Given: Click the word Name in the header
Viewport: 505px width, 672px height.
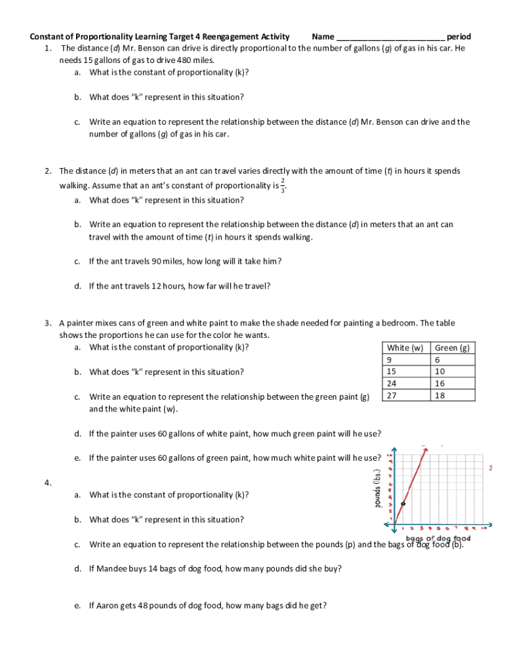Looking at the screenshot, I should [323, 37].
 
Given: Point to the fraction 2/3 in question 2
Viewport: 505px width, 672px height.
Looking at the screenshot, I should [282, 186].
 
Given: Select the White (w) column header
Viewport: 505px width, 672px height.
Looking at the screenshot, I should [405, 348].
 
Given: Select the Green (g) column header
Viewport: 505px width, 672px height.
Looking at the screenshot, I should [452, 348].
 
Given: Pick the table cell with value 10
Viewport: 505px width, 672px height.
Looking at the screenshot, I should [439, 371].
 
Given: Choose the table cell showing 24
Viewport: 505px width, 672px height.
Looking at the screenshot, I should [392, 383].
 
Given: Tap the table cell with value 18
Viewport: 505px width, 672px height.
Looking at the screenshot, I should [439, 395].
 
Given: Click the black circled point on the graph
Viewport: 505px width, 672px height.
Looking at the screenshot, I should [403, 503].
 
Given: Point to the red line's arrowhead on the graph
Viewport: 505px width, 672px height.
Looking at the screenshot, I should [424, 448].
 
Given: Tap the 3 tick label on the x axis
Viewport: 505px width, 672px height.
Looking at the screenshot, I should [421, 528].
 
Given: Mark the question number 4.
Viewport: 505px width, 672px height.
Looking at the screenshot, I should [48, 483].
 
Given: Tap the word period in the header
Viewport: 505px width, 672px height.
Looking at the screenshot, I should [459, 37].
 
